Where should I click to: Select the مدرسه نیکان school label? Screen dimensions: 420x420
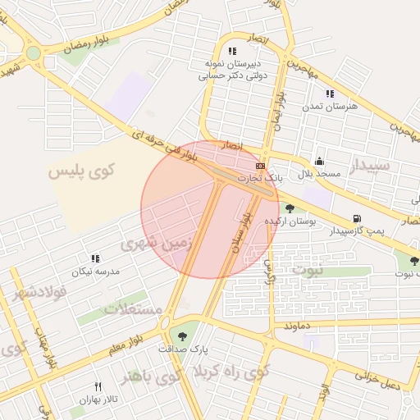click(x=96, y=271)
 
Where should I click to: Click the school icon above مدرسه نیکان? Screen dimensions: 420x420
click(x=95, y=258)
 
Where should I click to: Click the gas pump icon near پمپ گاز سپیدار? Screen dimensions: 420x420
click(x=356, y=218)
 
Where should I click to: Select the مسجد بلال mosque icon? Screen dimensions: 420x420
click(x=319, y=161)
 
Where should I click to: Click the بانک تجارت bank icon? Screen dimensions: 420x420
click(x=261, y=166)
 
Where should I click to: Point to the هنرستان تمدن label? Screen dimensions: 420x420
click(x=330, y=107)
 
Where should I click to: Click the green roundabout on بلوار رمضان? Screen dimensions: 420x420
click(x=33, y=54)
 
